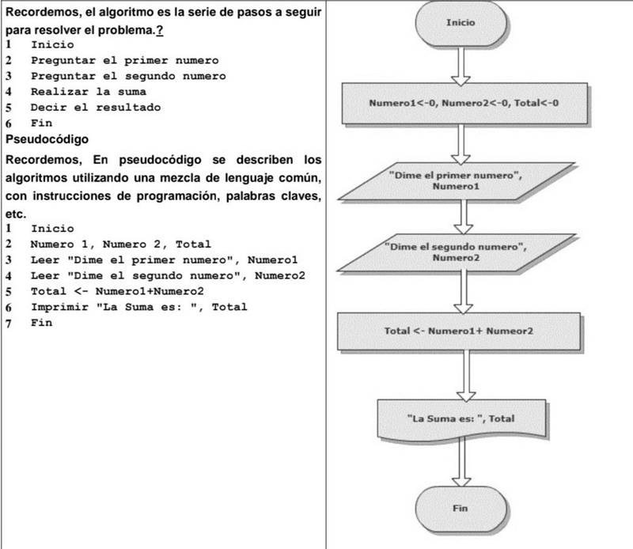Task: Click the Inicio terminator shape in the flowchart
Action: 461,24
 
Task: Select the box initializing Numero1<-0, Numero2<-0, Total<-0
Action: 468,104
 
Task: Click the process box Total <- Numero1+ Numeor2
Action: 459,330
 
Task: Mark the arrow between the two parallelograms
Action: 461,216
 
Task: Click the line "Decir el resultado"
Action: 95,107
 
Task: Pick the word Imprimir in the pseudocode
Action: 59,307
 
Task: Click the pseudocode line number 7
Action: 9,323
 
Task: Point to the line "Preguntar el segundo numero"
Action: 127,76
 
